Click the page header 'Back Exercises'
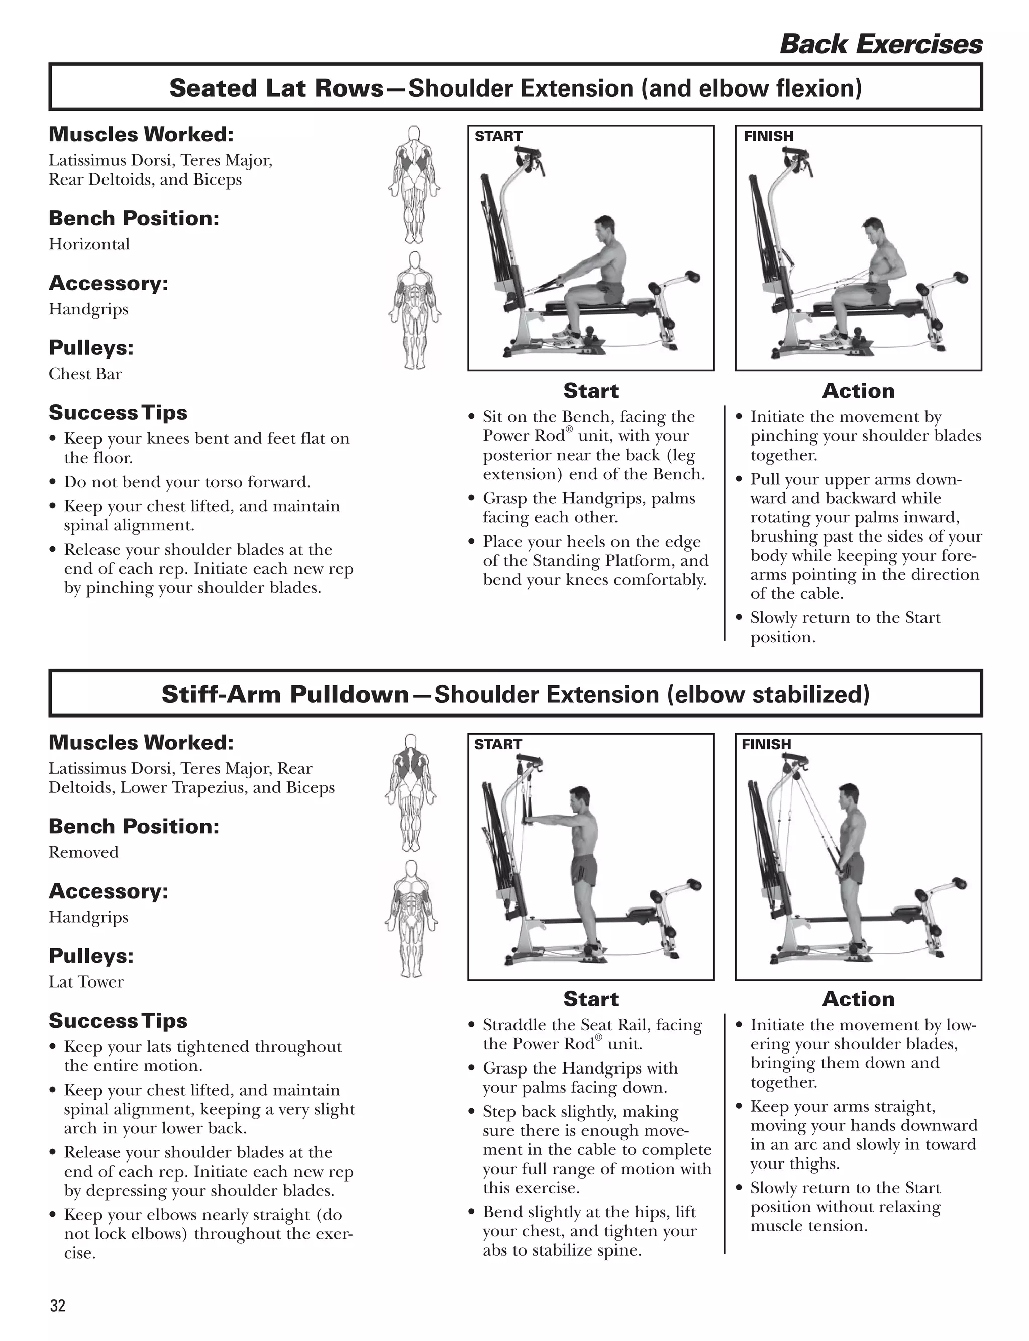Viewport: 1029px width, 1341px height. point(880,44)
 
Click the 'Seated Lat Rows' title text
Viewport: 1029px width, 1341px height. point(276,88)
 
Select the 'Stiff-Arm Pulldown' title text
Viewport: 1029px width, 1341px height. point(285,694)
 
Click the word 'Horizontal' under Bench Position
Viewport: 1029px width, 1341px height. point(89,244)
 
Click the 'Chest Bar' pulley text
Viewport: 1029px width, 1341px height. point(85,374)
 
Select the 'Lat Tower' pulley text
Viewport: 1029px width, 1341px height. point(86,982)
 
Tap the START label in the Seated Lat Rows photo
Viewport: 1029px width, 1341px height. point(498,136)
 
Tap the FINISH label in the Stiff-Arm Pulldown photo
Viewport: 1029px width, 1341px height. point(766,744)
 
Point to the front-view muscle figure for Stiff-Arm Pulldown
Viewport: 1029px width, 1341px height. point(411,919)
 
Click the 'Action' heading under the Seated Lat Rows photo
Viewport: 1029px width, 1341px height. point(858,390)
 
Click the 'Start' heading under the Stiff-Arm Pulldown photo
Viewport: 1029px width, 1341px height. point(590,999)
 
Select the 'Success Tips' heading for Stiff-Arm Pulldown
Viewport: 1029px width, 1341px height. point(118,1021)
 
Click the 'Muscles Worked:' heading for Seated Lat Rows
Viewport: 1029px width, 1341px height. point(141,134)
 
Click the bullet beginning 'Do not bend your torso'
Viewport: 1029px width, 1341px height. point(187,482)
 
